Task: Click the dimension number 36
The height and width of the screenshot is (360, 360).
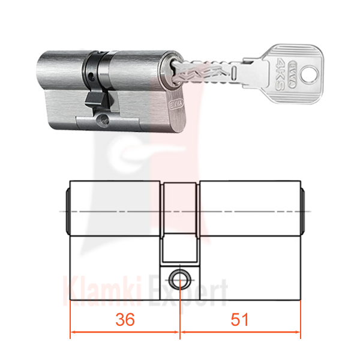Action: [x=125, y=319]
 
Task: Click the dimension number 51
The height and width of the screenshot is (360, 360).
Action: [x=239, y=319]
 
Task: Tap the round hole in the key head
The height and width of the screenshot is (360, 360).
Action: [x=310, y=74]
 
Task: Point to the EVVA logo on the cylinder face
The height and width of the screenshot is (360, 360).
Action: [x=176, y=104]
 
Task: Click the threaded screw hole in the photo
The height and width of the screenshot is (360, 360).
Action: [x=103, y=119]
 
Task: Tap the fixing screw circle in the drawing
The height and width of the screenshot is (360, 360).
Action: [x=180, y=280]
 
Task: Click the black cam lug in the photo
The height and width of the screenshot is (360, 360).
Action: [x=97, y=100]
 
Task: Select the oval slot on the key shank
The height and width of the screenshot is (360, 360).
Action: [x=234, y=73]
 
